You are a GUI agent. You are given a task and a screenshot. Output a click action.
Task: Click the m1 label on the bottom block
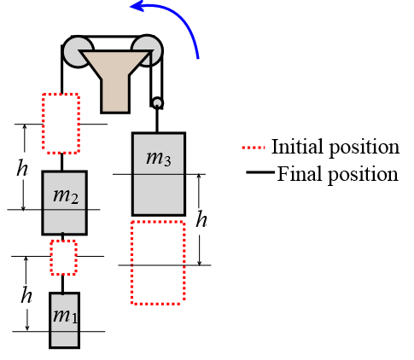click(x=65, y=316)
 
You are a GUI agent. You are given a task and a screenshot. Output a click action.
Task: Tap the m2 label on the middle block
click(x=66, y=196)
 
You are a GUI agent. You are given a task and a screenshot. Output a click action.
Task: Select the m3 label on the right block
click(x=159, y=159)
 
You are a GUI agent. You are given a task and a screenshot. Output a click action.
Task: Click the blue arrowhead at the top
click(x=137, y=6)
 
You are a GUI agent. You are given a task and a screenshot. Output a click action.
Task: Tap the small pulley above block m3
click(x=157, y=103)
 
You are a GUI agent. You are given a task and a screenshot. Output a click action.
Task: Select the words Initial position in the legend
click(x=335, y=147)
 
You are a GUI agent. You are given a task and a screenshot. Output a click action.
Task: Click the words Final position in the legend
click(x=338, y=174)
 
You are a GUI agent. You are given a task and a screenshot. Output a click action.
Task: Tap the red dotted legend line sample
click(x=254, y=148)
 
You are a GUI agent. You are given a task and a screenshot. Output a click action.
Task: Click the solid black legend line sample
click(x=260, y=172)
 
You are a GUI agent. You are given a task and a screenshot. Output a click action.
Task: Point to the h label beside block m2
click(x=22, y=168)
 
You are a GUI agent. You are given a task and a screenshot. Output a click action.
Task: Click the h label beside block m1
click(x=26, y=295)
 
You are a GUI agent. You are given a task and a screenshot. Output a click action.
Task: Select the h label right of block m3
click(x=201, y=219)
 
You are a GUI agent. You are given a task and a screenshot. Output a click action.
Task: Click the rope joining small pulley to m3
click(x=157, y=121)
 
